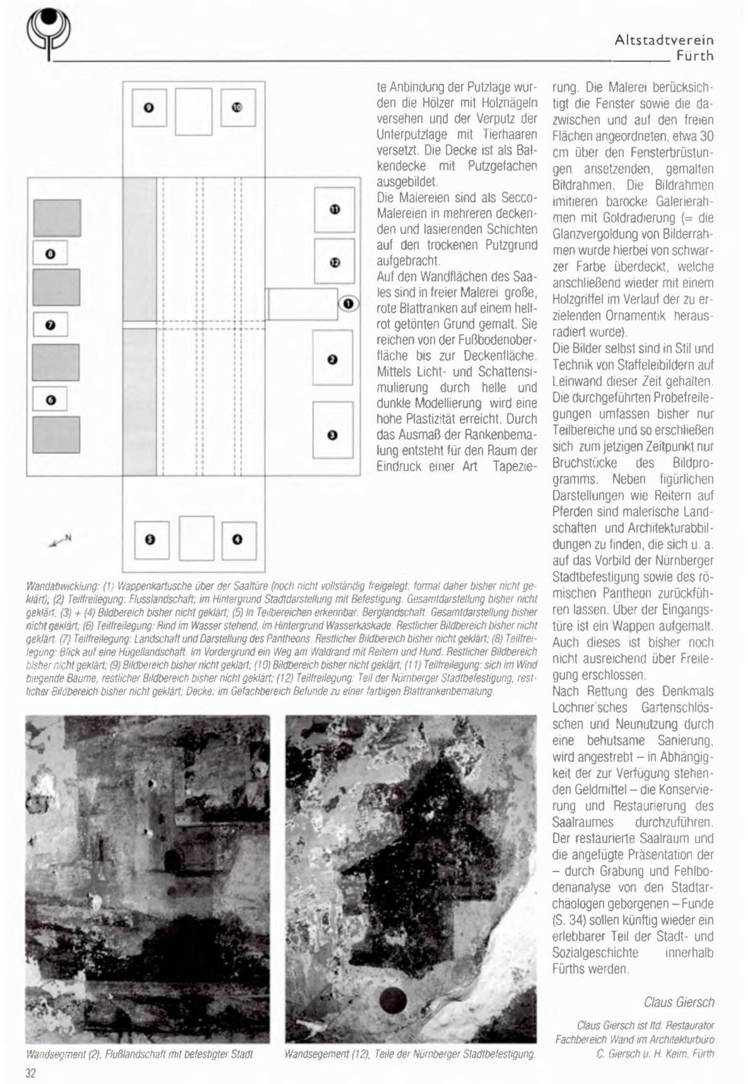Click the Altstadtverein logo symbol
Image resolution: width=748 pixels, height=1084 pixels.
48,33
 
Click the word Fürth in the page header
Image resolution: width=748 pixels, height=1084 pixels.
694,56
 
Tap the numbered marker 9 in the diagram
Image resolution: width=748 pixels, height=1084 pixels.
149,108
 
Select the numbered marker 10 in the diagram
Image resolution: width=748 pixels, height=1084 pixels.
237,107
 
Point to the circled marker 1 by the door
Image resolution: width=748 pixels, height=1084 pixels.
348,304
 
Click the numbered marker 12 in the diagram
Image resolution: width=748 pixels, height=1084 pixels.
335,262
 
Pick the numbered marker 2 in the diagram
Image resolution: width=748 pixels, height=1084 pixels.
333,360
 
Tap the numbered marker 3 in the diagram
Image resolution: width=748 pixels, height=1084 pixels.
333,435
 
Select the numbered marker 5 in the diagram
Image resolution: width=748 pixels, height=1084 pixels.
150,540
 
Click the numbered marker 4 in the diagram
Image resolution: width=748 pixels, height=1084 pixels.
237,540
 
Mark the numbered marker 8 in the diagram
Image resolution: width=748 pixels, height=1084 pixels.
50,254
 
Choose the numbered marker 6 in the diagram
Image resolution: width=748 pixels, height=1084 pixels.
50,400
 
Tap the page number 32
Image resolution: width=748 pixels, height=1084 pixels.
31,1073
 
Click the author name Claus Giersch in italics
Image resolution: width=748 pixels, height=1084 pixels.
679,1002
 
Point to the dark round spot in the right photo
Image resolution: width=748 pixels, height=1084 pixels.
393,1000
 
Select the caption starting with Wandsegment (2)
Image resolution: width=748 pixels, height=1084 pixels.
140,1055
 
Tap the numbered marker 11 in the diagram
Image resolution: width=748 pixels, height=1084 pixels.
335,209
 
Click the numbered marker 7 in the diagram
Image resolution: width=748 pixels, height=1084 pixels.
50,325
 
